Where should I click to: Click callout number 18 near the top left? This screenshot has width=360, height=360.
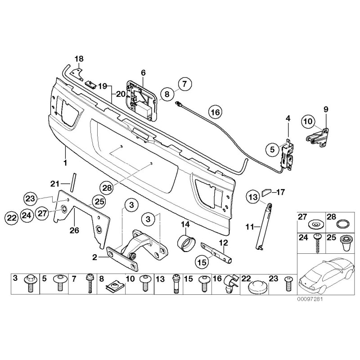pos(79,59)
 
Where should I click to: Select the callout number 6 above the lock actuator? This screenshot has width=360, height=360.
pos(143,72)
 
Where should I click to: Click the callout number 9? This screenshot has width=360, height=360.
pos(326,109)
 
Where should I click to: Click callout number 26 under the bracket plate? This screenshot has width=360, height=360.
pos(74,231)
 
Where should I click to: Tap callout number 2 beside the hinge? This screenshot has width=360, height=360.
pos(94,257)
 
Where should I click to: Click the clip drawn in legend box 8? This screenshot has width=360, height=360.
pos(114,285)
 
